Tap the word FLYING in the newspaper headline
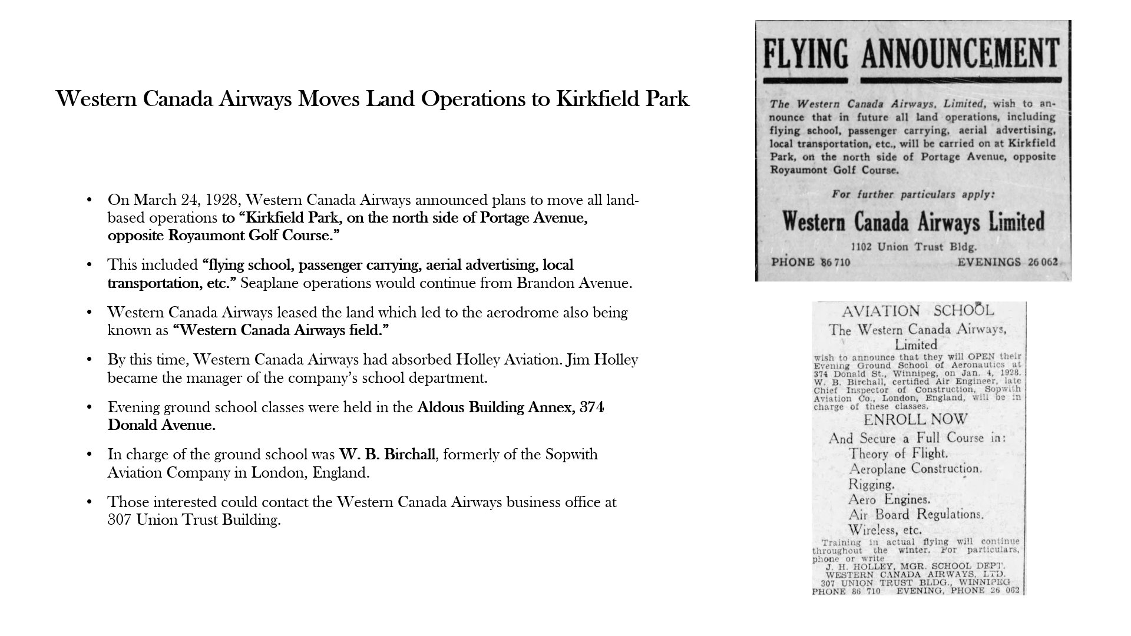point(805,54)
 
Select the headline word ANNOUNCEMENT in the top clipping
point(960,54)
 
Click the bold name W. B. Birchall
point(387,455)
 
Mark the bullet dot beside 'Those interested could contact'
point(90,502)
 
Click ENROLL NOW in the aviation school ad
point(915,420)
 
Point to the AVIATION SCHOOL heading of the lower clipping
point(917,311)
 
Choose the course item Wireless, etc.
point(885,530)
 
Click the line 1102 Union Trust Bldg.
point(914,247)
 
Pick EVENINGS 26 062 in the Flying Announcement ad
point(1007,262)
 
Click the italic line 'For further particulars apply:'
point(912,194)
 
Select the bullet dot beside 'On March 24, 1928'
point(90,200)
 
